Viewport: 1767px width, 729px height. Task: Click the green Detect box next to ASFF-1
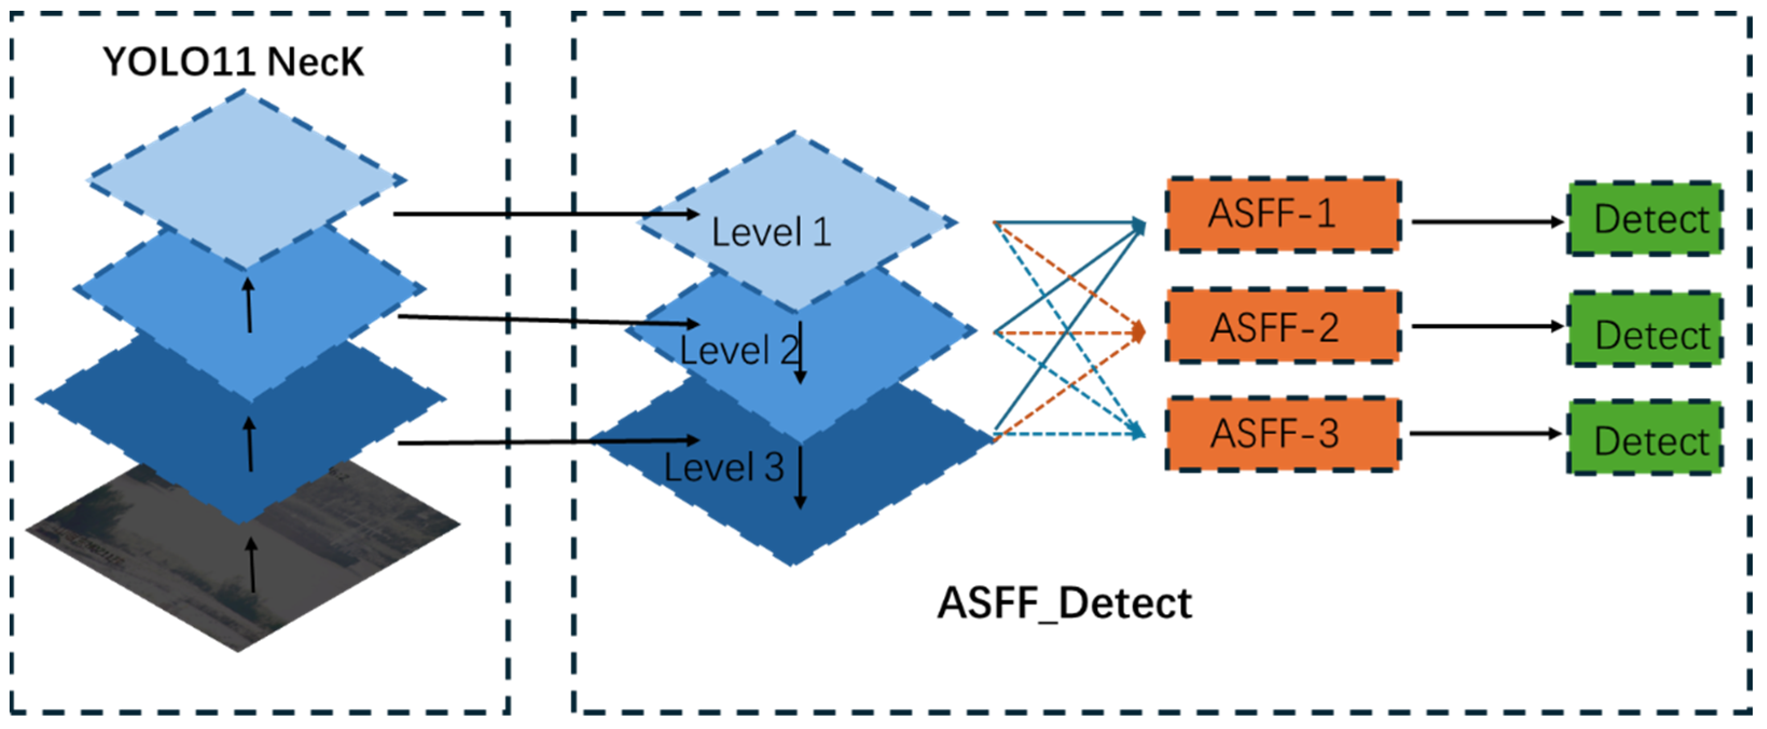coord(1644,219)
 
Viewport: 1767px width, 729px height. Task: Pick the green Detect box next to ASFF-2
coord(1644,330)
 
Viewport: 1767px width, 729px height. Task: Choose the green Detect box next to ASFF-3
coord(1644,438)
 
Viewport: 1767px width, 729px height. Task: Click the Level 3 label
coord(723,468)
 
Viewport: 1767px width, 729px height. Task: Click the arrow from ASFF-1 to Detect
coord(1485,221)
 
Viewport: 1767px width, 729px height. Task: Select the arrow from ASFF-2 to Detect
coord(1485,326)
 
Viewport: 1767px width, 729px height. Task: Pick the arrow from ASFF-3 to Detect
coord(1485,433)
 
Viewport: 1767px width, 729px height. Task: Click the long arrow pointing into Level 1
coord(545,214)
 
